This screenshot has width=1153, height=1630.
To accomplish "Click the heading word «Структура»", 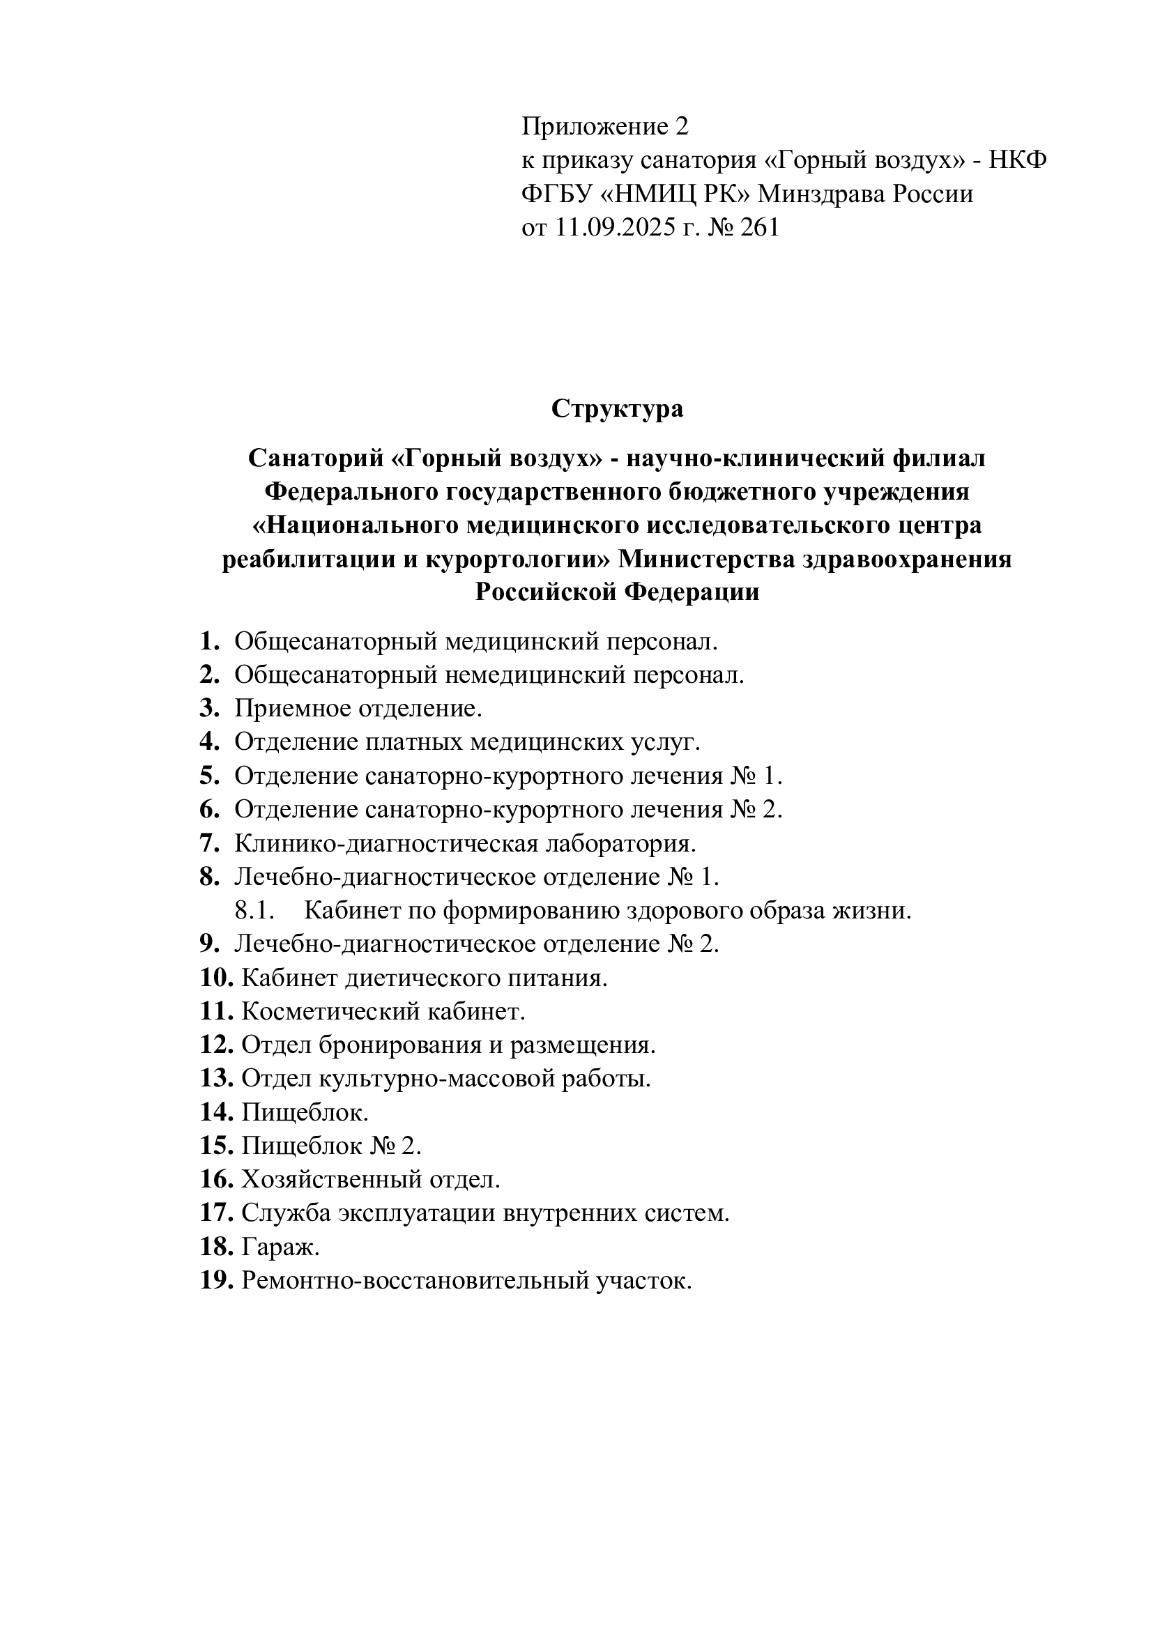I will click(x=617, y=409).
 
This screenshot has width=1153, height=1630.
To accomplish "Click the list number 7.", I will click(x=208, y=843).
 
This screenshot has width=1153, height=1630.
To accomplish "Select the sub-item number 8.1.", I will click(x=254, y=911).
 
